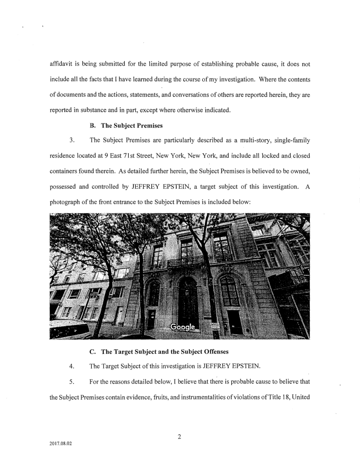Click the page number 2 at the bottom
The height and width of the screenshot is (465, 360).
[x=180, y=437]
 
